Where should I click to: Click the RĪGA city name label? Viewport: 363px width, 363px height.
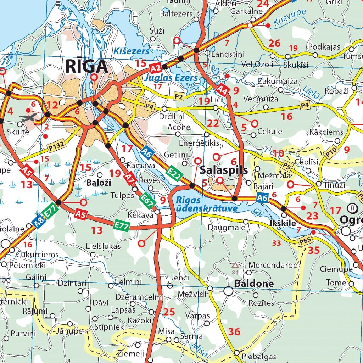[x=86, y=66]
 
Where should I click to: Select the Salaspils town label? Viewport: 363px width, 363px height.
[x=224, y=170]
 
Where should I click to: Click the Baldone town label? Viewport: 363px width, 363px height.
[x=254, y=284]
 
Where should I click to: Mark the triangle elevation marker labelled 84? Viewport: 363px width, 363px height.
[x=235, y=265]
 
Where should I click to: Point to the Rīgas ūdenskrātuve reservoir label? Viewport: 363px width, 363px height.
[x=207, y=204]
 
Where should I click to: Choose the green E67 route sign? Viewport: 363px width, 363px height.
[x=147, y=201]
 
